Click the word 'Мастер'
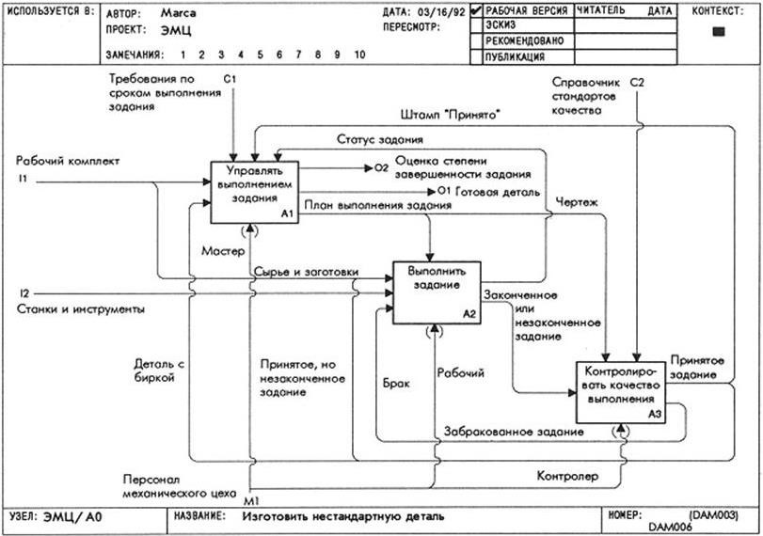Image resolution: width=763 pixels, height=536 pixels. (x=222, y=251)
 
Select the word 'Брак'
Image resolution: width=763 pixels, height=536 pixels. (x=396, y=385)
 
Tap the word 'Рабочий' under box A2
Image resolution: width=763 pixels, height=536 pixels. (x=461, y=372)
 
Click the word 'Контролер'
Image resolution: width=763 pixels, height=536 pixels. (x=567, y=476)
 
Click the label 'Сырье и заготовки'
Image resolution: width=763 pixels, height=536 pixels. (x=306, y=272)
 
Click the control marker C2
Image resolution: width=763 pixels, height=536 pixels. (x=637, y=84)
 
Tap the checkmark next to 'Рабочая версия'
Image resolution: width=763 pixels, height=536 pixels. (x=476, y=10)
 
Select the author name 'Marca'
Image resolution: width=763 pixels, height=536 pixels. (x=179, y=14)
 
